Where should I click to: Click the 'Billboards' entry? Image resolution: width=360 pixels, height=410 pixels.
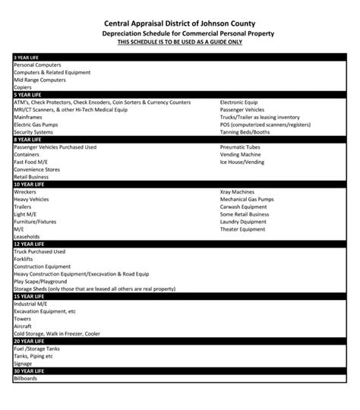pyautogui.click(x=25, y=378)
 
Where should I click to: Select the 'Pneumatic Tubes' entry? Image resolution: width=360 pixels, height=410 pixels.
pyautogui.click(x=240, y=147)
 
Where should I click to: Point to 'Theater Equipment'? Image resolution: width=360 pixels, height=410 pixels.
pyautogui.click(x=243, y=229)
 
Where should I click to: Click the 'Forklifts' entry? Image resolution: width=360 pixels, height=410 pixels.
pyautogui.click(x=24, y=259)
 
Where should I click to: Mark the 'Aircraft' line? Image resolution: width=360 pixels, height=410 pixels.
pyautogui.click(x=23, y=326)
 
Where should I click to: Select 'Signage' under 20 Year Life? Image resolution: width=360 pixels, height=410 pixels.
pyautogui.click(x=24, y=363)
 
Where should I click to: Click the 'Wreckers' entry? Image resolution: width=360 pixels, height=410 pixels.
pyautogui.click(x=25, y=192)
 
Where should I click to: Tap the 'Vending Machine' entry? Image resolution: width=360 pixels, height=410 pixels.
pyautogui.click(x=240, y=154)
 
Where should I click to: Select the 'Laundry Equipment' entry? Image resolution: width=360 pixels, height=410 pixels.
pyautogui.click(x=244, y=221)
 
